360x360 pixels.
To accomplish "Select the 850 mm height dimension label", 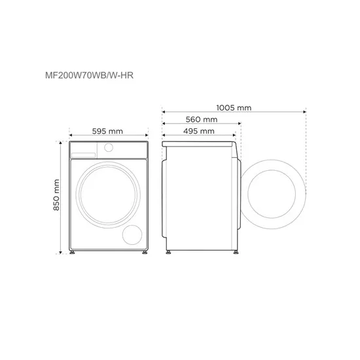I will pyautogui.click(x=58, y=195).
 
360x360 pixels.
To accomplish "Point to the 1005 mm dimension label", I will pyautogui.click(x=234, y=107).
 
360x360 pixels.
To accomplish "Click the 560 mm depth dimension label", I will pyautogui.click(x=201, y=120).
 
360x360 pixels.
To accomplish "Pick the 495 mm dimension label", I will pyautogui.click(x=198, y=132).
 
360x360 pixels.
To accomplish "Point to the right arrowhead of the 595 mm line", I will pyautogui.click(x=149, y=138).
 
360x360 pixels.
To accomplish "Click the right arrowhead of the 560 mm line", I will pyautogui.click(x=241, y=126).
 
